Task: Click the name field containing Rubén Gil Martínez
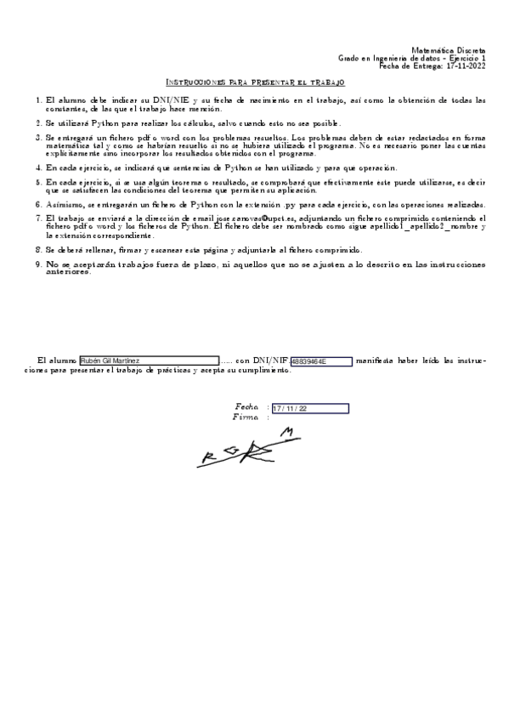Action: [x=149, y=361]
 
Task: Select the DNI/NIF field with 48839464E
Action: [x=320, y=361]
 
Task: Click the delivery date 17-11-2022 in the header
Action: [x=466, y=65]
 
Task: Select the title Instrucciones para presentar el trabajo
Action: [x=254, y=82]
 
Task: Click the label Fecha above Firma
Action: [x=246, y=407]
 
